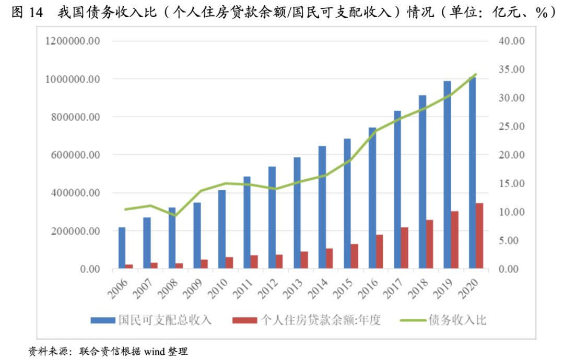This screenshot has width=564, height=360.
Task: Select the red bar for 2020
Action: click(479, 236)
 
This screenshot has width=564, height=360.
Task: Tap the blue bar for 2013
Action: click(297, 213)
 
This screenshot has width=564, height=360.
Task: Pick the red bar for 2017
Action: click(404, 248)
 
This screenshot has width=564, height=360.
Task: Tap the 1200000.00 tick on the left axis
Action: click(73, 41)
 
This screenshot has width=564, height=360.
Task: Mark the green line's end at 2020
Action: click(476, 74)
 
